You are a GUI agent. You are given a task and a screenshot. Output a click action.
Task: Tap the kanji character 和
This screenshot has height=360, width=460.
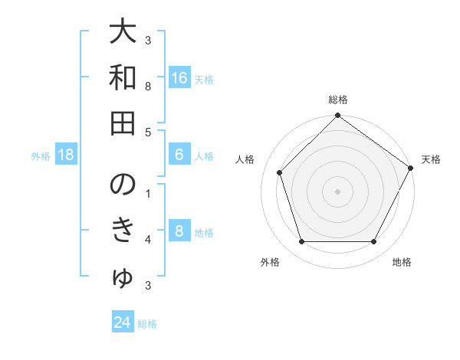pos(123,78)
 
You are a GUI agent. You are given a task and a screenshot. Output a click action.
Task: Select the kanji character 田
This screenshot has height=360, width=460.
pos(123,122)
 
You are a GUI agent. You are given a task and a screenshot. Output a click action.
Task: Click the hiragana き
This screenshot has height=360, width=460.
pos(123,231)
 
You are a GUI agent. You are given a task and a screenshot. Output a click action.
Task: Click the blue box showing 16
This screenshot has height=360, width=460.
pos(179,78)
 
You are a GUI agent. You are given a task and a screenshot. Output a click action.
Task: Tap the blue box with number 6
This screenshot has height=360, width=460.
pos(179,155)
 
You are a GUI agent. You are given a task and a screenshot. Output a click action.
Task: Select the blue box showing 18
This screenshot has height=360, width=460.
pos(66,155)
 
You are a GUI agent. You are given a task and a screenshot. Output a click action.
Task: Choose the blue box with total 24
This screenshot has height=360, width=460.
pos(123,322)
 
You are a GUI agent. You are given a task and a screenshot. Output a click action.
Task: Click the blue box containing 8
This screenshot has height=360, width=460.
pos(179,231)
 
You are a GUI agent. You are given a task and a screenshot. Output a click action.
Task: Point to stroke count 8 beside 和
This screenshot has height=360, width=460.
pos(148,87)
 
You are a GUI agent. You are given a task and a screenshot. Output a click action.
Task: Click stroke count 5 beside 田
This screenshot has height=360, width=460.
pos(148,132)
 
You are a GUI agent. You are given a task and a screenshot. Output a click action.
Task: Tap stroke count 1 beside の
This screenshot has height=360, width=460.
pos(148,194)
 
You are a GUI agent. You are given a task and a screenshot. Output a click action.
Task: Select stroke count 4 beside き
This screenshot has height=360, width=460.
pos(148,240)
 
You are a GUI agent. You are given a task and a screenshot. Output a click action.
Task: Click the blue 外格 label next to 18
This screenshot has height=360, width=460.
pos(41,155)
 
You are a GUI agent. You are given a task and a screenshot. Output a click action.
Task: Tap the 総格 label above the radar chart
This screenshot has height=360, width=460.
pos(337,100)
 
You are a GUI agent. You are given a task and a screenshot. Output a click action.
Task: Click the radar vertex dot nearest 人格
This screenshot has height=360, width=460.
pos(280,172)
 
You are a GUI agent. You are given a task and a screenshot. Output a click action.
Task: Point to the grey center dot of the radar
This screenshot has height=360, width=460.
pos(337,191)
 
